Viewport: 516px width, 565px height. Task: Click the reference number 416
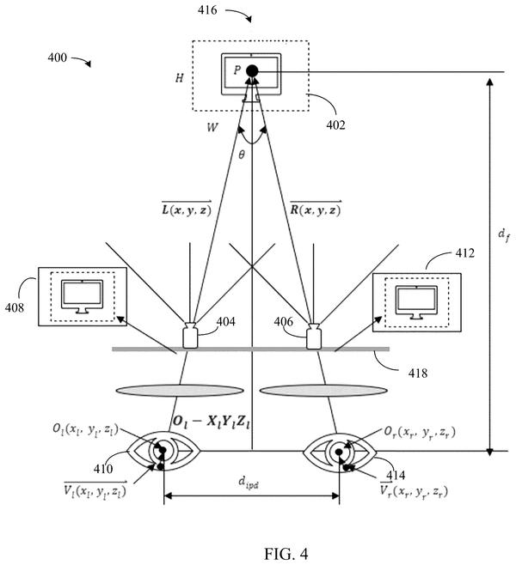coord(207,10)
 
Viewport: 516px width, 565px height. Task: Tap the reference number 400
coord(58,58)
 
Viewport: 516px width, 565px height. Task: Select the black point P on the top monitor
coord(252,70)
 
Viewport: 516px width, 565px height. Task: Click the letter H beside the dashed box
coord(180,78)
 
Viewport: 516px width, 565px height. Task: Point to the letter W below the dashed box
coord(212,127)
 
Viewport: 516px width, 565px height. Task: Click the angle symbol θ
coord(242,155)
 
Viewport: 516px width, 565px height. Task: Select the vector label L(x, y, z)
coord(187,209)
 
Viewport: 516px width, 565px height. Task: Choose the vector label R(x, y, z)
coord(316,209)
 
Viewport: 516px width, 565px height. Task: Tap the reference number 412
coord(464,253)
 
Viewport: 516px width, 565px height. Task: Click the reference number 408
coord(15,307)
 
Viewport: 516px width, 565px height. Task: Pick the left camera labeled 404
coord(190,335)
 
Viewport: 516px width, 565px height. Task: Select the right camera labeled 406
coord(314,336)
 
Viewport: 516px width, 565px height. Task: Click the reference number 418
coord(418,373)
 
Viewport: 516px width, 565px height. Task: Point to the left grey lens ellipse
coord(180,391)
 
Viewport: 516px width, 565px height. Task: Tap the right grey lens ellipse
coord(323,391)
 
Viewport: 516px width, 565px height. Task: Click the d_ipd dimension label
coord(249,482)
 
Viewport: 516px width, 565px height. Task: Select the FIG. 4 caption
coord(286,554)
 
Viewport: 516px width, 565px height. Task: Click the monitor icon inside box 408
coord(83,297)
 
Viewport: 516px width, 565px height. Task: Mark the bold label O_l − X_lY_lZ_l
coord(212,422)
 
